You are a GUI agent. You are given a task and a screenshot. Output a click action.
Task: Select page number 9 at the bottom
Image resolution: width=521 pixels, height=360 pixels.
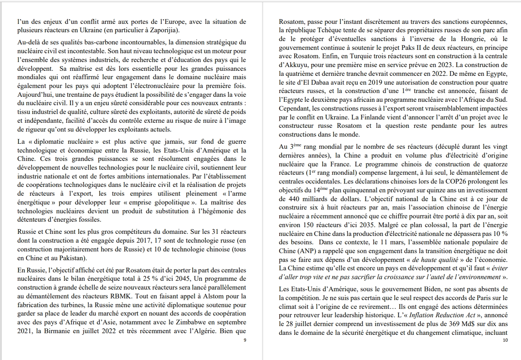(x=245, y=340)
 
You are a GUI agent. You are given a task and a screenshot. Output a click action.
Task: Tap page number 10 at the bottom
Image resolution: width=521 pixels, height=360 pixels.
(x=505, y=340)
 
